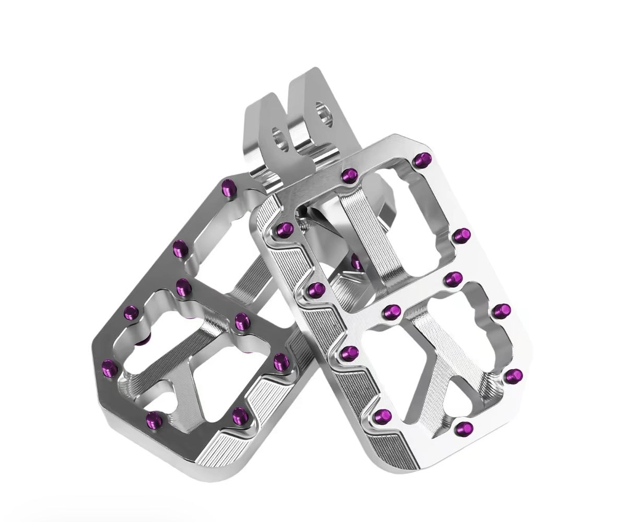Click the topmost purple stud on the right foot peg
(x=424, y=158)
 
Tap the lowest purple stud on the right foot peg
(x=462, y=428)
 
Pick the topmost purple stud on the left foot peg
(x=229, y=186)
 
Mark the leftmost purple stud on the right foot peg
(x=285, y=228)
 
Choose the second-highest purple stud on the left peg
(x=179, y=246)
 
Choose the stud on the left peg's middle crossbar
(x=183, y=286)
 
